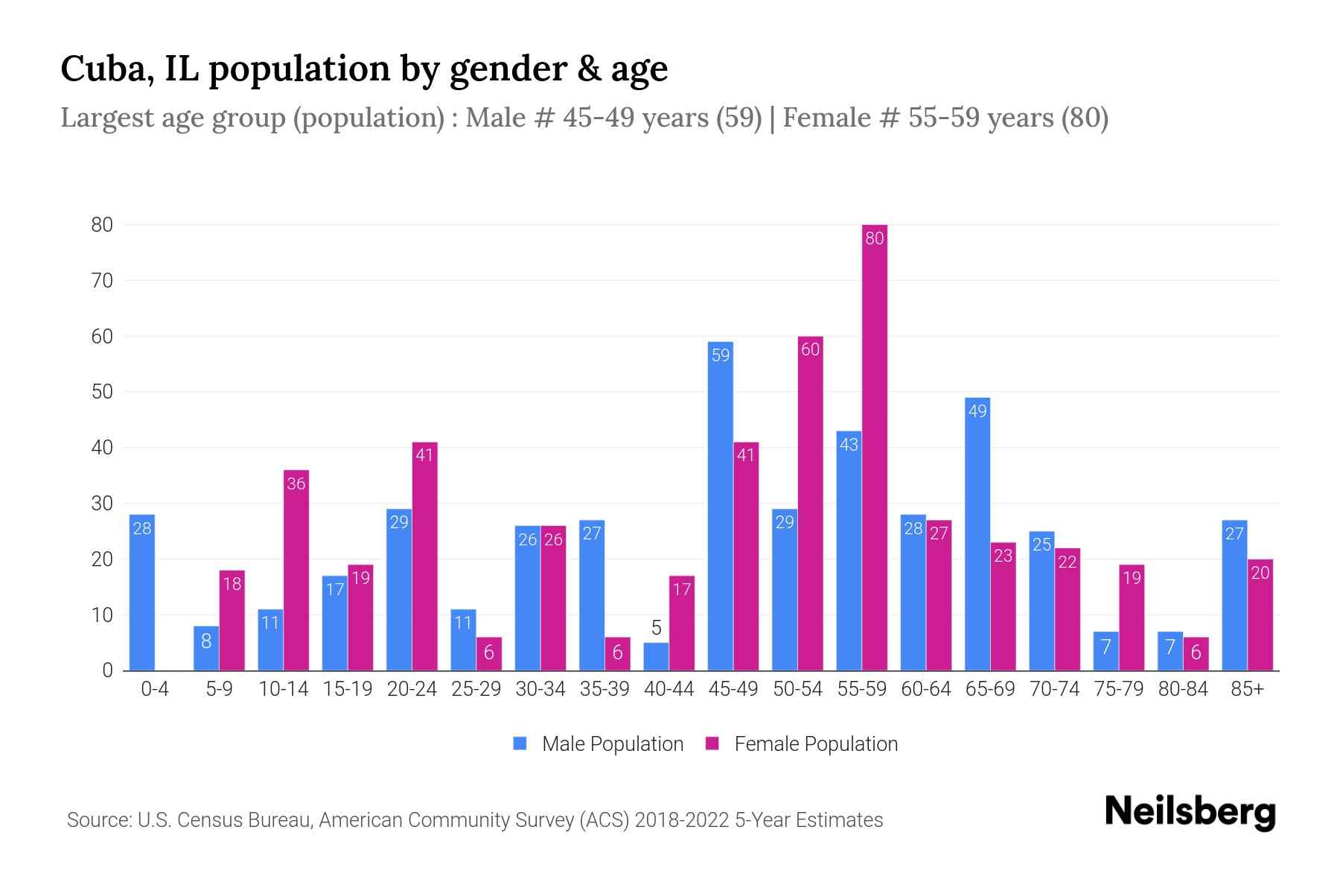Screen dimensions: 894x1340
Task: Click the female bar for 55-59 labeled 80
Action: [874, 447]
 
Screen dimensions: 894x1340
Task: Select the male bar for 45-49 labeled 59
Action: [720, 507]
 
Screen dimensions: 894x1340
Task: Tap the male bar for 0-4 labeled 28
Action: [141, 592]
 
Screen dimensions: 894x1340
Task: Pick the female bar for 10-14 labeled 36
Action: [296, 570]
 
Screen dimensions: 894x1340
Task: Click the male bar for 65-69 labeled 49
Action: [977, 534]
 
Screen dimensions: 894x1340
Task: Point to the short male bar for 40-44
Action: [656, 656]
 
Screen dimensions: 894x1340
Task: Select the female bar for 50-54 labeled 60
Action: [810, 503]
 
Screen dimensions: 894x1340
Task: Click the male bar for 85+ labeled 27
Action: [1234, 595]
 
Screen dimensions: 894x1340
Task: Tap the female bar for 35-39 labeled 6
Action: [617, 653]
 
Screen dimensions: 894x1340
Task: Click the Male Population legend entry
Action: [599, 744]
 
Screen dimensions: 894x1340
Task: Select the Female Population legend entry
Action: [802, 744]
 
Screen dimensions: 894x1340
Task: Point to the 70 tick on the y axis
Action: [102, 281]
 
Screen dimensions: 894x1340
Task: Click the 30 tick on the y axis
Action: [102, 504]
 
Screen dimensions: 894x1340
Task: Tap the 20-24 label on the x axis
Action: [412, 689]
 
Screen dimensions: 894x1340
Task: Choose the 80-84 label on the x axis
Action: [1183, 689]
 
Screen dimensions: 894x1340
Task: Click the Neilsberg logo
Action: [1190, 811]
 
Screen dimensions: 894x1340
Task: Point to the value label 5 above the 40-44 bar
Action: [656, 628]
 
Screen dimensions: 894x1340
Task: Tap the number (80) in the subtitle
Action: [1085, 118]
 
